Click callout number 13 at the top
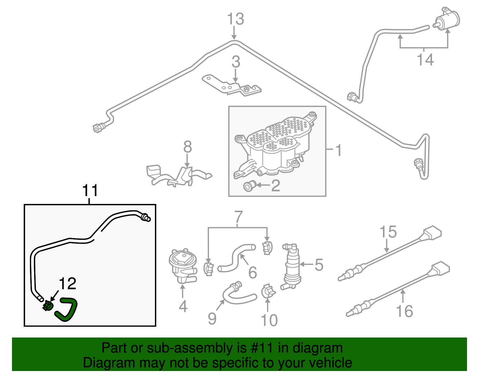coord(236,19)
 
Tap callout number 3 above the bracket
coord(236,62)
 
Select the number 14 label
coord(425,60)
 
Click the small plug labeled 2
coord(249,187)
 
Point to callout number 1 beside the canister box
coord(338,150)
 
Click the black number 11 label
coord(90,190)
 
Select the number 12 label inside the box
coord(68,283)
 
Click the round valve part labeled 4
coord(182,265)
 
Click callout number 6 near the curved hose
coord(253,272)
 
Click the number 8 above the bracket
coord(187,147)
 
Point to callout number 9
coord(212,319)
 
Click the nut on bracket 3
coord(246,90)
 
